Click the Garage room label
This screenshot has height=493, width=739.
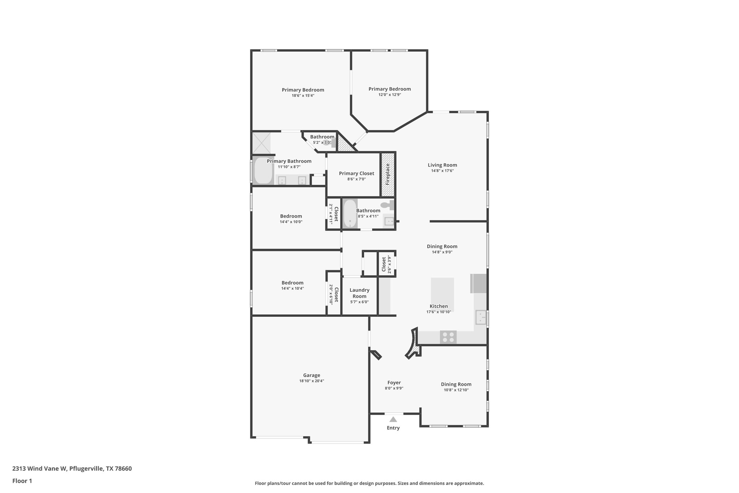click(x=311, y=375)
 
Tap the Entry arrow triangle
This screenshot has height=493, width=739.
click(x=393, y=419)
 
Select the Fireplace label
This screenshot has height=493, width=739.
click(x=388, y=174)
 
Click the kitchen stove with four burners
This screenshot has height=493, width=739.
click(x=448, y=337)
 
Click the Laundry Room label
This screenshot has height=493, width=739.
click(x=359, y=293)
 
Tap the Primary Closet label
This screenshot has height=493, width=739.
click(x=357, y=173)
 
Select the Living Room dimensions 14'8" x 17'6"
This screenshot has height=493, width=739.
click(x=442, y=171)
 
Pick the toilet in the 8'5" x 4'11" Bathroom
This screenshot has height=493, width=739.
click(x=387, y=205)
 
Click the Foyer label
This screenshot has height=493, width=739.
click(x=394, y=382)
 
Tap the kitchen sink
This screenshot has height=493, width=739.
click(x=481, y=318)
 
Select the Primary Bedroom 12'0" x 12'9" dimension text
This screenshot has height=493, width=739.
click(x=389, y=95)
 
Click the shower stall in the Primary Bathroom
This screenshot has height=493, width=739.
click(x=261, y=143)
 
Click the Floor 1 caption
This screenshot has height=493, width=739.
click(x=22, y=481)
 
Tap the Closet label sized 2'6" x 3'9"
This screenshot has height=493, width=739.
click(x=384, y=264)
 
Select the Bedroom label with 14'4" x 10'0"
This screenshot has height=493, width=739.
click(x=291, y=216)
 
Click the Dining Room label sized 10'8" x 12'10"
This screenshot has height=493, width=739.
click(x=456, y=384)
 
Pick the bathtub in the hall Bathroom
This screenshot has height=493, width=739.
click(x=350, y=213)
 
